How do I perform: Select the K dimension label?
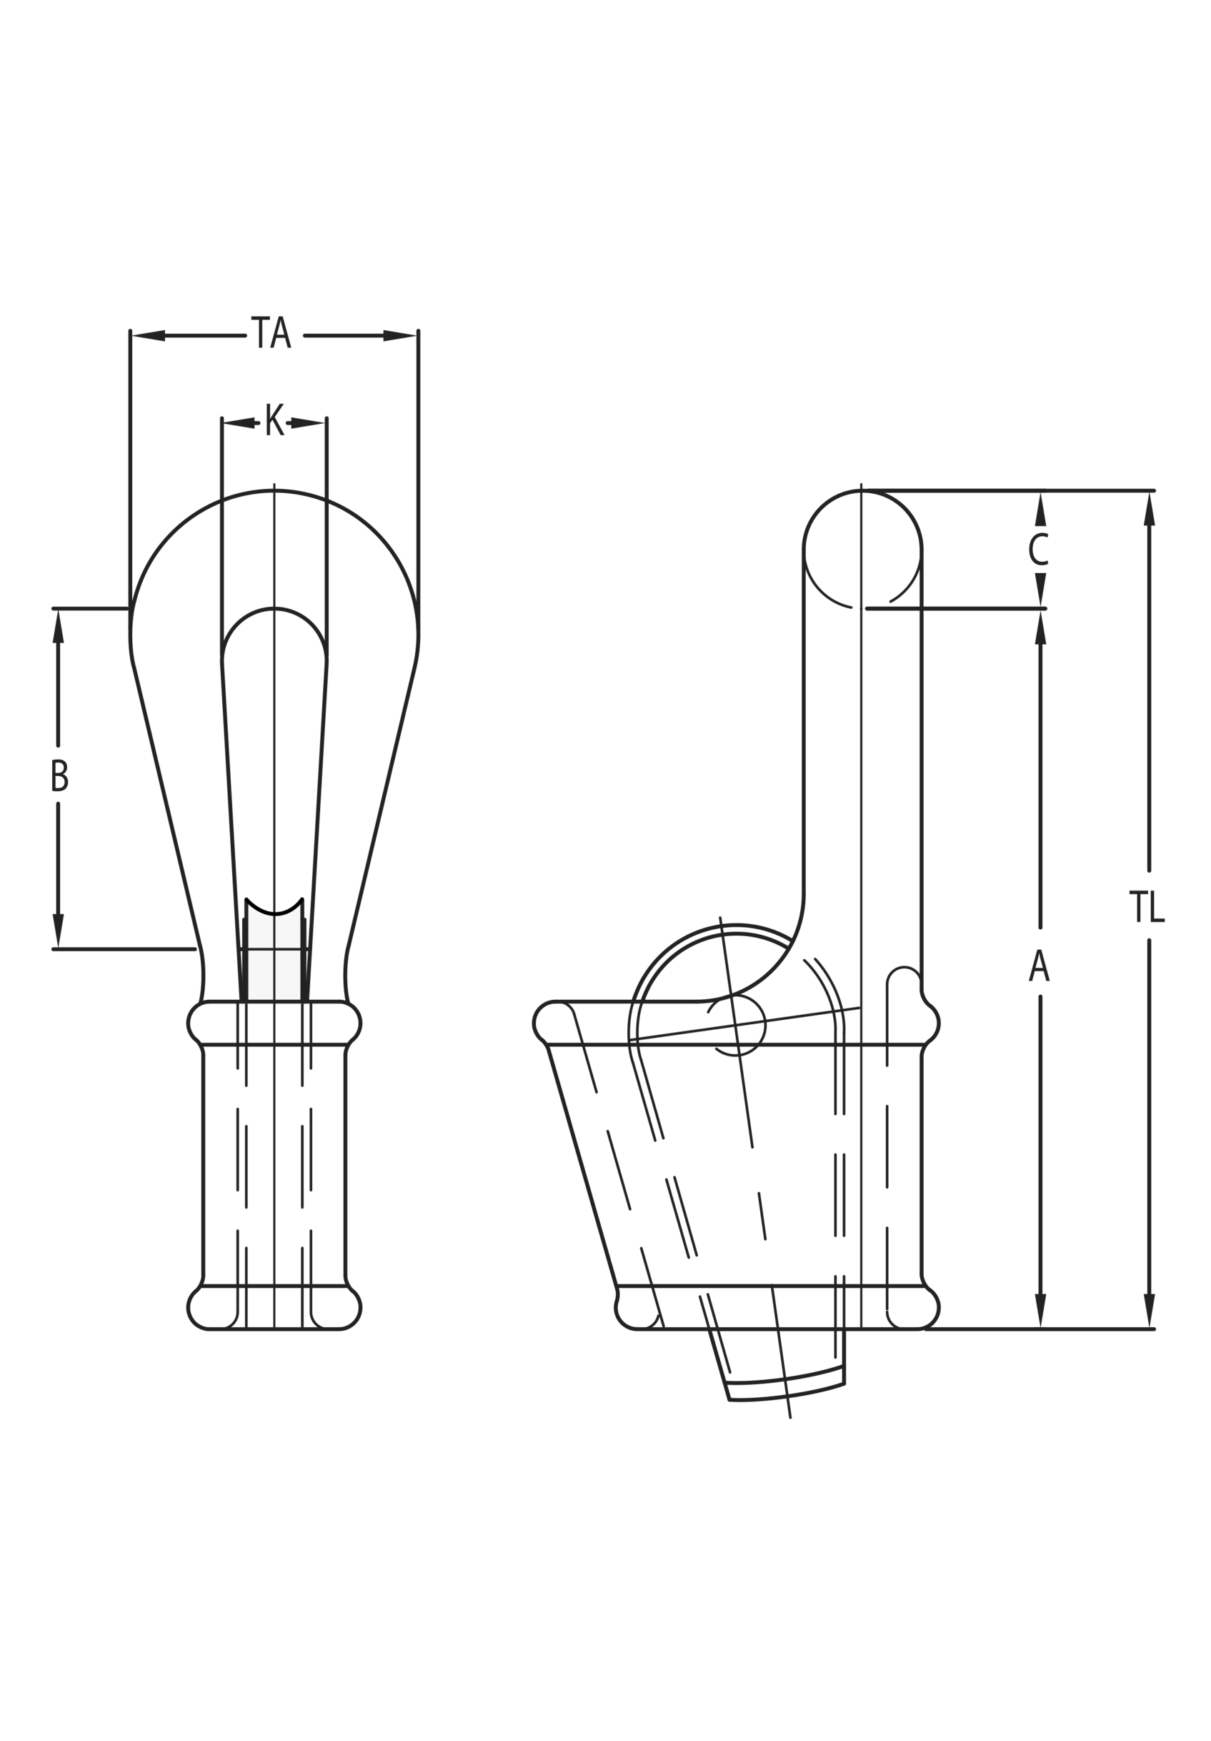[274, 420]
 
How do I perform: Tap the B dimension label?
[59, 775]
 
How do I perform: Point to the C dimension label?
[1038, 550]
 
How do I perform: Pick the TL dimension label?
[1146, 907]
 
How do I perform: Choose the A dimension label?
[1039, 966]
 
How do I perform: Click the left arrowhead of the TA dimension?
[149, 335]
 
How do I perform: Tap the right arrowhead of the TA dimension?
[399, 335]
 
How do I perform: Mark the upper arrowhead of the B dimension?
[58, 626]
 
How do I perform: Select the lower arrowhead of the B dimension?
[58, 931]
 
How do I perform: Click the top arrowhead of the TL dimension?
[1149, 509]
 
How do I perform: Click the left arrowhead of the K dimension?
[239, 422]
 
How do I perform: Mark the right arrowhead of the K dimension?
[308, 422]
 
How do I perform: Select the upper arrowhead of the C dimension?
[1040, 509]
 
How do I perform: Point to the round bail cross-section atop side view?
[862, 549]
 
